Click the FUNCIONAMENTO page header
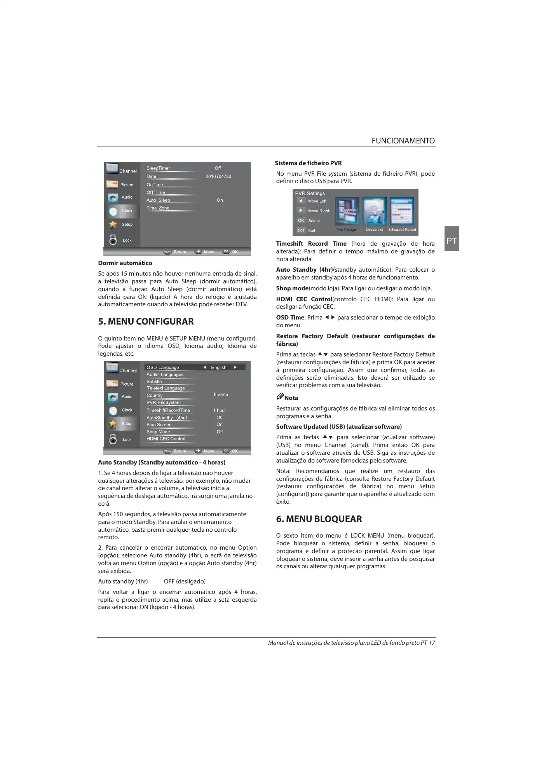click(x=403, y=141)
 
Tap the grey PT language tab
click(x=452, y=241)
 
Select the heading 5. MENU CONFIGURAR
click(x=146, y=321)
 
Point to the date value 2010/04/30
click(x=218, y=176)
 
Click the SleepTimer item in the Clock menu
click(x=158, y=168)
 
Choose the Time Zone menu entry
click(x=158, y=208)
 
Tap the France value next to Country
click(x=221, y=395)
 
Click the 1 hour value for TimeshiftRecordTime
click(x=220, y=410)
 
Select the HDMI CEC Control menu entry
click(x=166, y=439)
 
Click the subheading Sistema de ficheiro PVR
click(x=308, y=163)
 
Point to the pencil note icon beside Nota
click(x=280, y=396)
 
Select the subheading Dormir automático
click(x=125, y=263)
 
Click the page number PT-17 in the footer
click(x=428, y=643)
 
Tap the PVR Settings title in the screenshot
click(x=310, y=194)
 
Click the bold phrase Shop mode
click(x=292, y=288)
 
